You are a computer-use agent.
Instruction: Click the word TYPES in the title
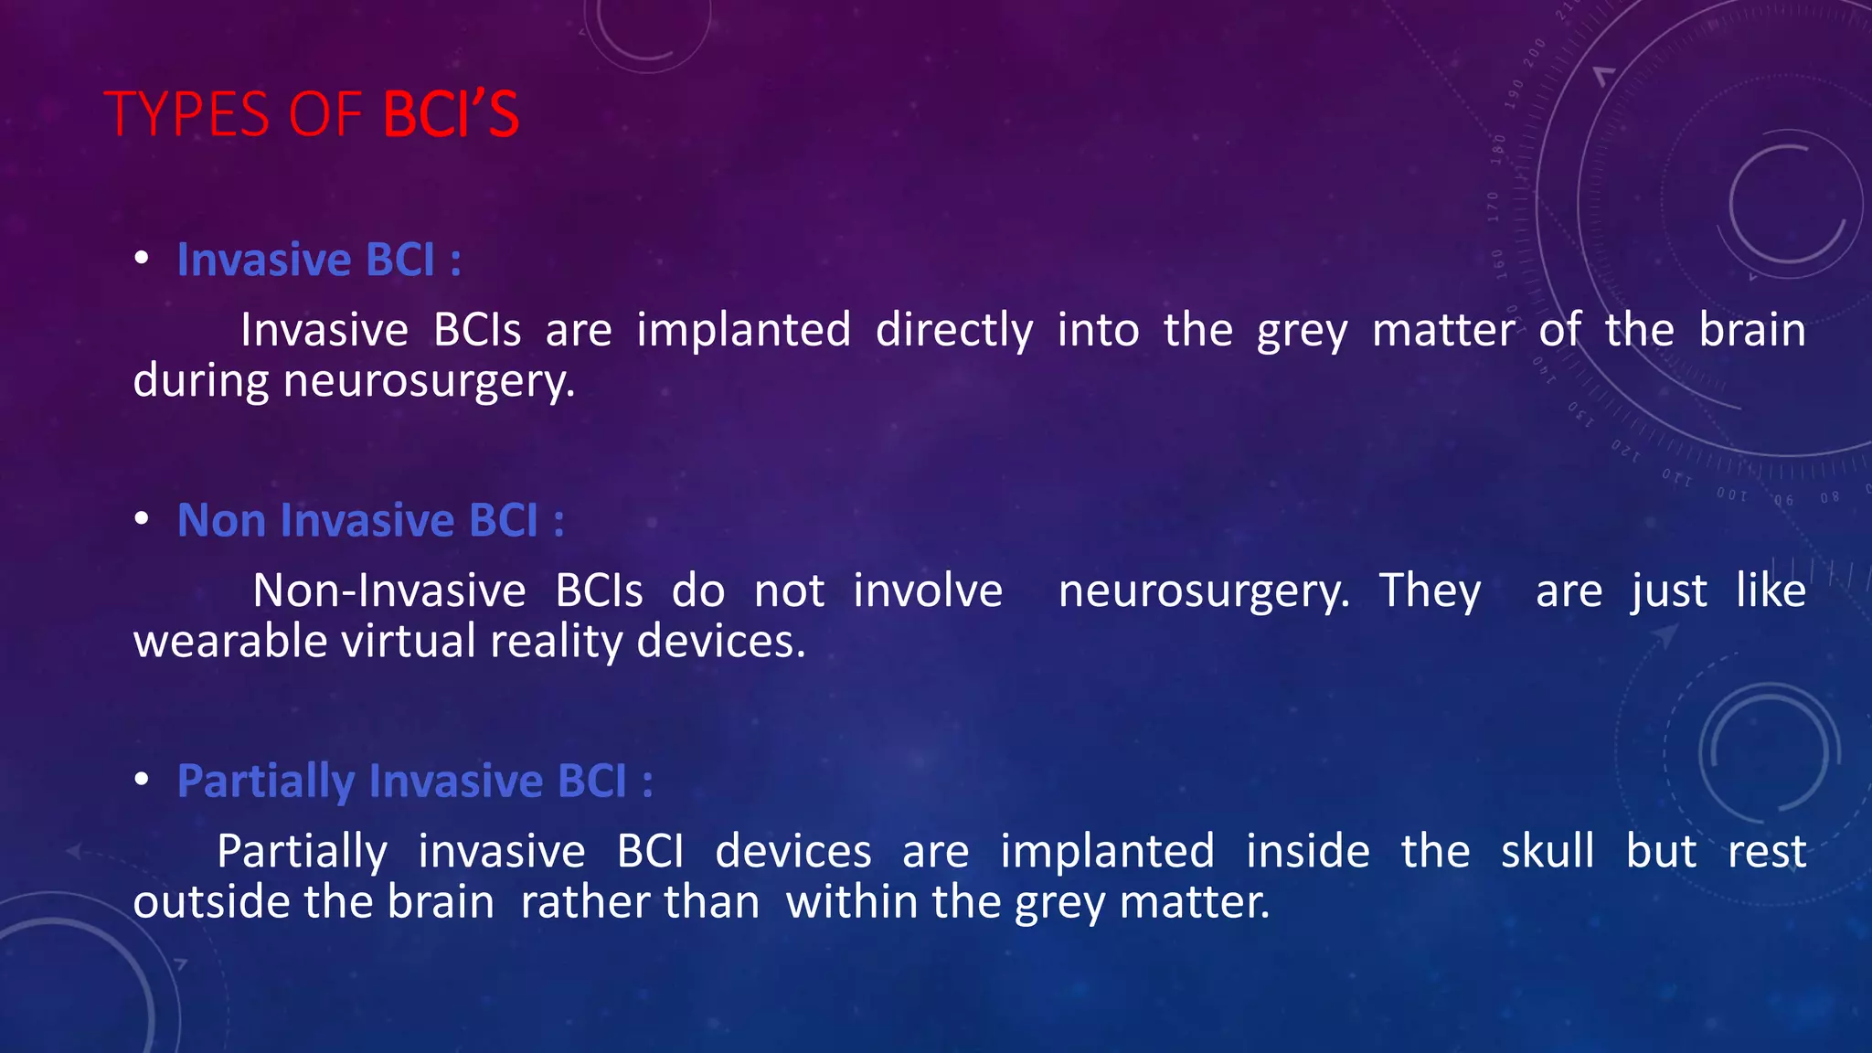[x=187, y=115]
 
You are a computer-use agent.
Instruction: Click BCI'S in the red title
[x=451, y=115]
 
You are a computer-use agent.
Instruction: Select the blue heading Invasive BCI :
[x=319, y=260]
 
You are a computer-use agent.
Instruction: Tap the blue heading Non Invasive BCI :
[x=370, y=520]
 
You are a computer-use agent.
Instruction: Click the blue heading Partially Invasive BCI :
[x=415, y=781]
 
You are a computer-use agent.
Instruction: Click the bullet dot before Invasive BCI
[x=141, y=259]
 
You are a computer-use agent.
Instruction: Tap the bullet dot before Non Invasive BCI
[x=141, y=519]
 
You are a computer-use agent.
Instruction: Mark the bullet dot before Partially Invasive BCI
[x=141, y=780]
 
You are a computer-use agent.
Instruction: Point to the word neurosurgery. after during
[x=430, y=381]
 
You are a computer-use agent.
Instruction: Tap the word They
[x=1430, y=590]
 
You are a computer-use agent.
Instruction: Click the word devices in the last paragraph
[x=792, y=851]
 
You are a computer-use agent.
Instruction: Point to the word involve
[x=927, y=590]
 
